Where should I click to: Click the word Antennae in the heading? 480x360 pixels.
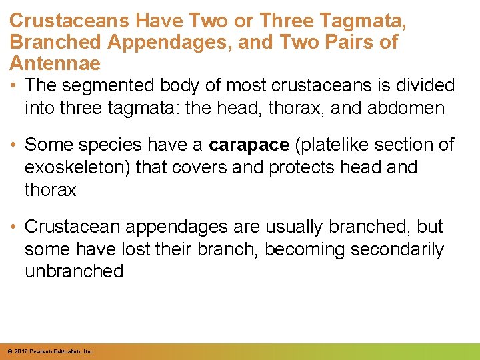coord(55,63)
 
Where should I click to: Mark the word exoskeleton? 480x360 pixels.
coord(74,167)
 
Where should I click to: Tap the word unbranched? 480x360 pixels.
coord(74,271)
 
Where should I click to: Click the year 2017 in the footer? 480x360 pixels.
coord(19,351)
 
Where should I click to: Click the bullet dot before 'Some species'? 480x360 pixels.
coord(15,145)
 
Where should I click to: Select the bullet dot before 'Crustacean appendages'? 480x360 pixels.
coord(15,227)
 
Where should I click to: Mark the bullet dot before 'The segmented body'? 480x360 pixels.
coord(15,85)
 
